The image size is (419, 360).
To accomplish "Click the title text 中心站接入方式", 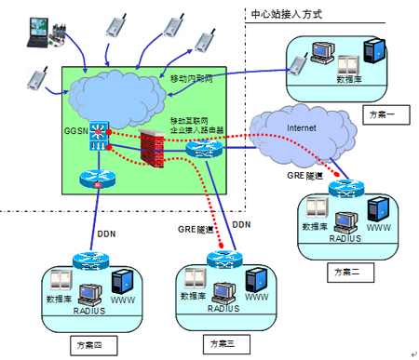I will [x=288, y=15].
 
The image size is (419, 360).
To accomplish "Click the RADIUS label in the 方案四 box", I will [x=91, y=312].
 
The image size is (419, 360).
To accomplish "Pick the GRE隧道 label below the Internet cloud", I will [x=306, y=175].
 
